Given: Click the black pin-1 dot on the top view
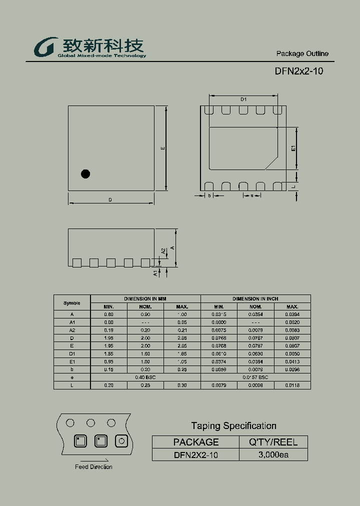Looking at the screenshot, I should point(85,174).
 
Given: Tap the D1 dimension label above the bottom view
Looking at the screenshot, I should point(243,99).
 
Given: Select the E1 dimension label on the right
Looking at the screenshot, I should point(294,148).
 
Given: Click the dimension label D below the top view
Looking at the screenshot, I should point(110,200).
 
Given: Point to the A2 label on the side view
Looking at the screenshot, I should point(163,251).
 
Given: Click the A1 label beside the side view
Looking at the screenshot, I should point(156,273).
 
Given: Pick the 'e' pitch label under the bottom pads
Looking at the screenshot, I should point(252,195).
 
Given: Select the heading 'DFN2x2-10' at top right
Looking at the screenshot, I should point(298,71).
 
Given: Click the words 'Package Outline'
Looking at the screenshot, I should point(302,53).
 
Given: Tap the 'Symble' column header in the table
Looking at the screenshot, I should point(72,303).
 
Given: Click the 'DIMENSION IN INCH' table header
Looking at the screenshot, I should point(255,298).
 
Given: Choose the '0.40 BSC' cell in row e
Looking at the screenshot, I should point(145,377).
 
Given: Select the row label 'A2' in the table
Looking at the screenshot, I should point(72,330).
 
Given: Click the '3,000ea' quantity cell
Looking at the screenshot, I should point(273,454).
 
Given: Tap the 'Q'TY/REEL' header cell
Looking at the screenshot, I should point(273,442).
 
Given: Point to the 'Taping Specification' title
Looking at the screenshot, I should point(233,425).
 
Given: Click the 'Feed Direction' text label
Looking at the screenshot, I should point(93,467).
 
